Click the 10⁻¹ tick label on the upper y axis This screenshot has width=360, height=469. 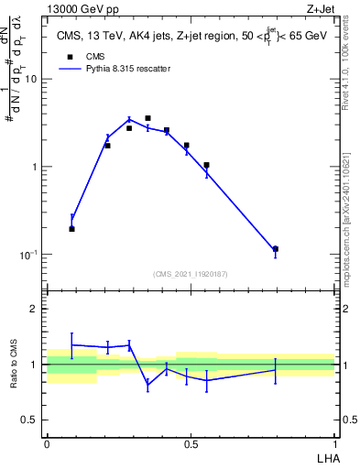click(29, 255)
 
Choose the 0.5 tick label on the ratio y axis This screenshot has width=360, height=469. click(31, 420)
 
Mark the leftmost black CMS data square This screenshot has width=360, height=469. click(71, 229)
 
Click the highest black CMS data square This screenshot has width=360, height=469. click(147, 118)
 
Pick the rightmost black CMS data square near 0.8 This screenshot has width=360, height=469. click(275, 249)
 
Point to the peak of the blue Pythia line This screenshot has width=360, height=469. click(129, 119)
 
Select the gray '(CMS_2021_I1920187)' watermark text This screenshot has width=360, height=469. click(190, 274)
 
